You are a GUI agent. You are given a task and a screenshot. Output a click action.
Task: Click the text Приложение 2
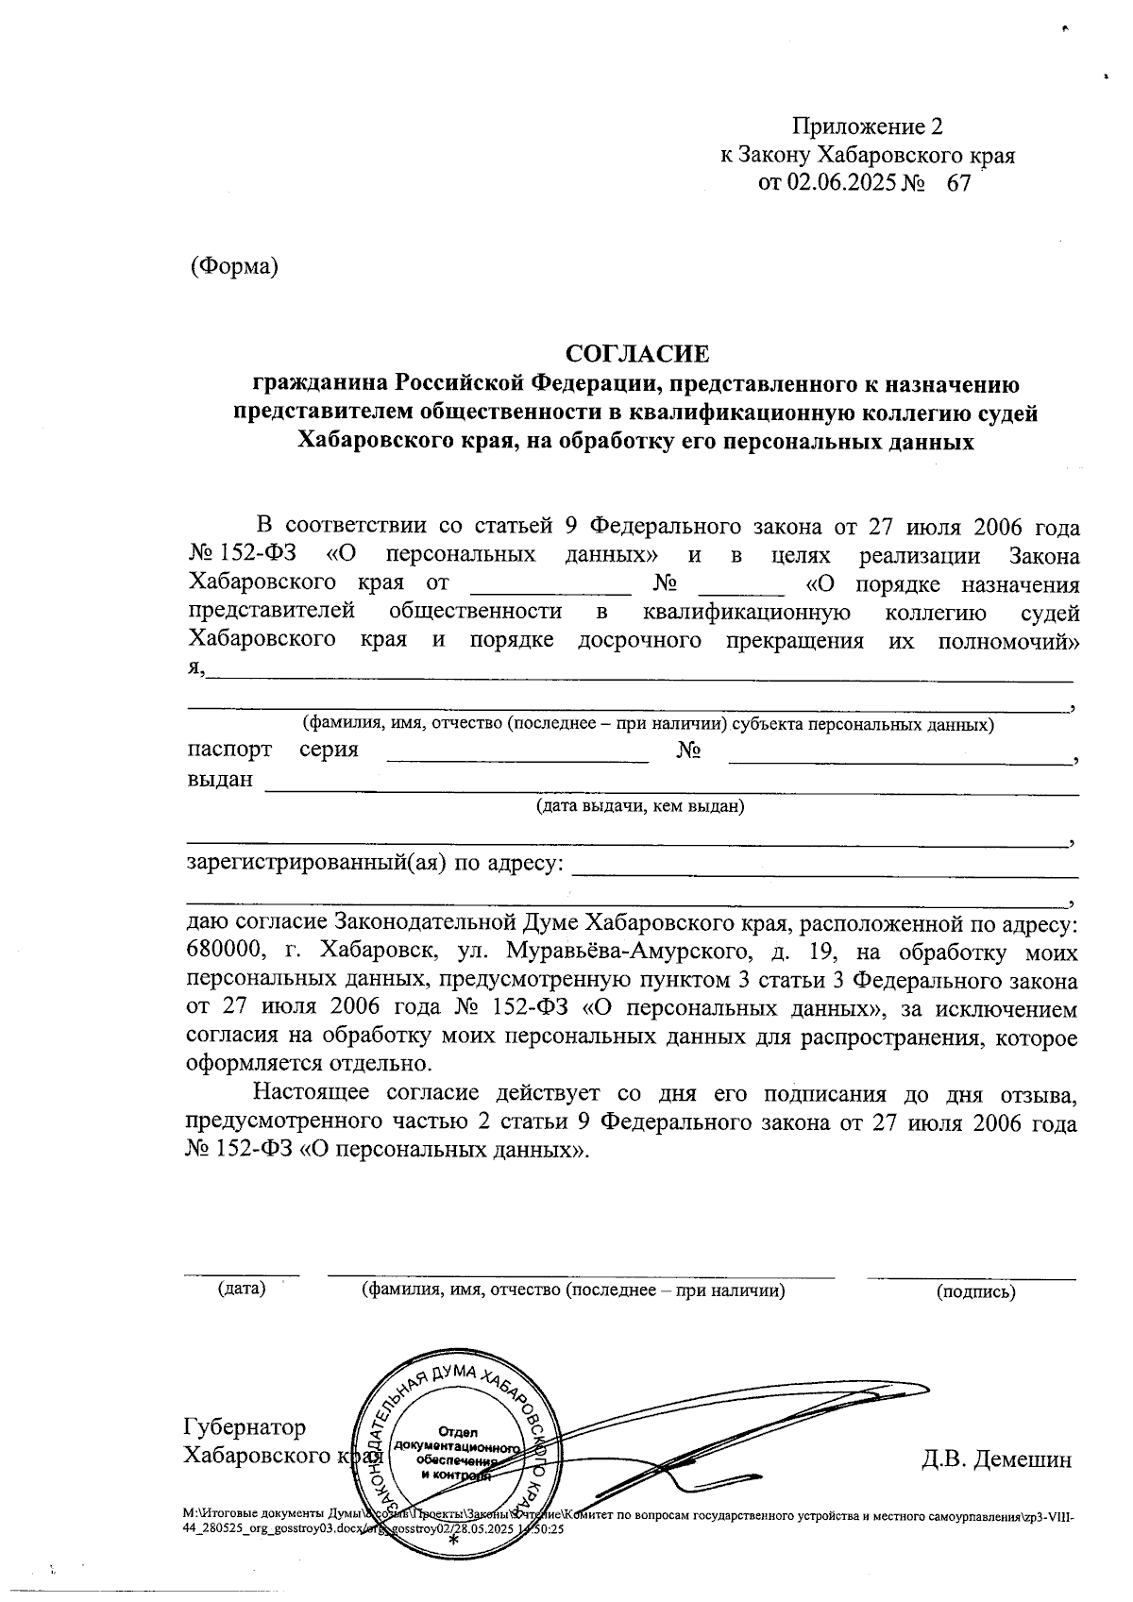coord(867,126)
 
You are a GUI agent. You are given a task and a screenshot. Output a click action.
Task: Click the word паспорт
coord(229,750)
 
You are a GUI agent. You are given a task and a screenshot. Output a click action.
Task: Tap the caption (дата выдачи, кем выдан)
coord(640,806)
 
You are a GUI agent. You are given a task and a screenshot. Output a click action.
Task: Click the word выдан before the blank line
coord(220,780)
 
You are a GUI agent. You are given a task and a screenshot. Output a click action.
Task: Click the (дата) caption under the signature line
coord(242,1289)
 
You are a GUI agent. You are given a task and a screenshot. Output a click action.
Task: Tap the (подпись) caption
coord(975,1291)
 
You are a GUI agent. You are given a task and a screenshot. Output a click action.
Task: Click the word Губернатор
coord(245,1426)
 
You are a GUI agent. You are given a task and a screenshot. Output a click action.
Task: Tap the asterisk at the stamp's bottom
coord(453,1541)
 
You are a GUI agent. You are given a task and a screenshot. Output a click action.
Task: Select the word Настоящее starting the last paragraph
coord(312,1094)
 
